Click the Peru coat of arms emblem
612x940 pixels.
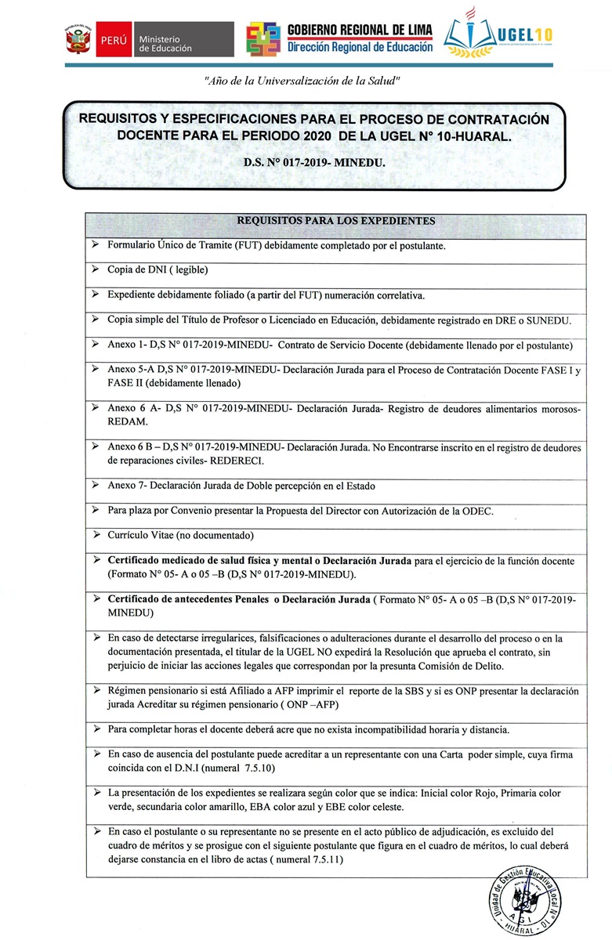pos(77,38)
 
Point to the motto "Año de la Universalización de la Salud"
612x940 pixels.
pos(302,81)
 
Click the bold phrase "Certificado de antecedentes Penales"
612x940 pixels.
pos(186,599)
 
